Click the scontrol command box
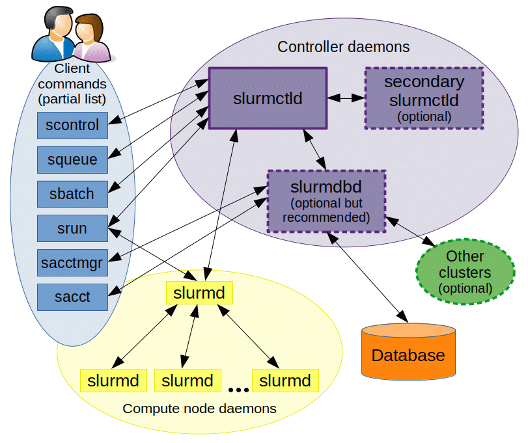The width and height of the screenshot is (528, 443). pos(72,125)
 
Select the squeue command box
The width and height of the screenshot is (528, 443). pos(72,159)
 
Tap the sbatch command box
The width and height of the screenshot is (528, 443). pos(72,194)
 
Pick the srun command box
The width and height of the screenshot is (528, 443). pos(72,228)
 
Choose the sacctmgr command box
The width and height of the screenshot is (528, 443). pos(72,263)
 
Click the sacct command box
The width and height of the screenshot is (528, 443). pos(72,297)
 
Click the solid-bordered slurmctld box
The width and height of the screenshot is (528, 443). pos(267,98)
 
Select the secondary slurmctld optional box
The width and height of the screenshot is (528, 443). pos(424,98)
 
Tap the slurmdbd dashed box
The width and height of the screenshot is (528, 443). pos(327,201)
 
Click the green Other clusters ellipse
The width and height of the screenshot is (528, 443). pos(464,271)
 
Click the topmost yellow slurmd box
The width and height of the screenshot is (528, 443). pos(199,293)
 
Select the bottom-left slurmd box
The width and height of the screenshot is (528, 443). pos(113,381)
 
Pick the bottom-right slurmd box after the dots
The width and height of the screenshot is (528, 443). pos(285,381)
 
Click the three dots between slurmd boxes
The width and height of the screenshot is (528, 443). pos(238,390)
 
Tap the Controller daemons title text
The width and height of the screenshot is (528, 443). pos(343,47)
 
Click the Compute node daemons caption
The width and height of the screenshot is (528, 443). pos(199,409)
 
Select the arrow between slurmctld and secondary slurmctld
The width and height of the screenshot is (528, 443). pos(345,98)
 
